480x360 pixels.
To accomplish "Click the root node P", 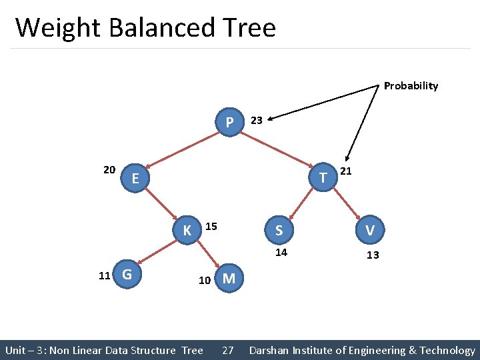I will click(229, 123).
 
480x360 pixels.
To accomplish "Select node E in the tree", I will click(135, 178).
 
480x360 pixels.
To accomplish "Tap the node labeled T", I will click(323, 177).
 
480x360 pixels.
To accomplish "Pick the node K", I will click(187, 230).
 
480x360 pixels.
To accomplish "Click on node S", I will click(279, 230).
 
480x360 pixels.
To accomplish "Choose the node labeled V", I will click(369, 230).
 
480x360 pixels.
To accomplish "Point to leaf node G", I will click(127, 274).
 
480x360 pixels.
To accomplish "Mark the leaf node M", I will click(228, 278).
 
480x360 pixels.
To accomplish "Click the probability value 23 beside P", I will click(256, 121).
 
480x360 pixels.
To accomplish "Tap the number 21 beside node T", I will click(346, 171).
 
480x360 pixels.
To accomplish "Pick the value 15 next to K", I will click(211, 227).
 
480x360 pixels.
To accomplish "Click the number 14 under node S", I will click(281, 252).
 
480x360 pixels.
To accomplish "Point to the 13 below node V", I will click(373, 255).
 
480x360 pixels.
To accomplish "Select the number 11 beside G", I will click(104, 275).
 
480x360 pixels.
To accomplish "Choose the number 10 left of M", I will click(205, 281).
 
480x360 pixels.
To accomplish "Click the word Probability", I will click(411, 86).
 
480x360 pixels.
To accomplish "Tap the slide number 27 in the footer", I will click(227, 350).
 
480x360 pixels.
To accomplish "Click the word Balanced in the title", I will click(164, 28).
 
